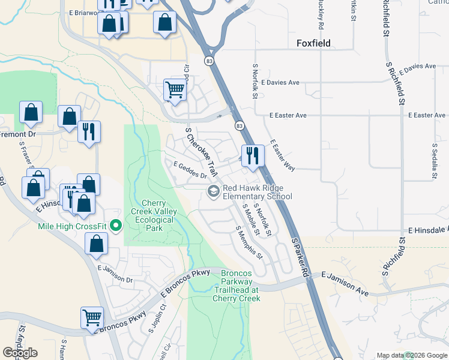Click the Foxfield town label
click(x=314, y=43)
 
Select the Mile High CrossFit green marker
click(x=116, y=226)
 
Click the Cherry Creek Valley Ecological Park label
click(x=155, y=216)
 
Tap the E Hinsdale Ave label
click(x=428, y=230)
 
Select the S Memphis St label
click(x=249, y=242)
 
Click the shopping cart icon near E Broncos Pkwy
click(x=92, y=317)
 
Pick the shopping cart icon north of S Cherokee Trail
click(x=175, y=89)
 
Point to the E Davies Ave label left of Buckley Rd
click(x=277, y=82)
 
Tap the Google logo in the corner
click(x=20, y=352)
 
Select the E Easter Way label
click(x=282, y=155)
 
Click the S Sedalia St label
click(x=433, y=154)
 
